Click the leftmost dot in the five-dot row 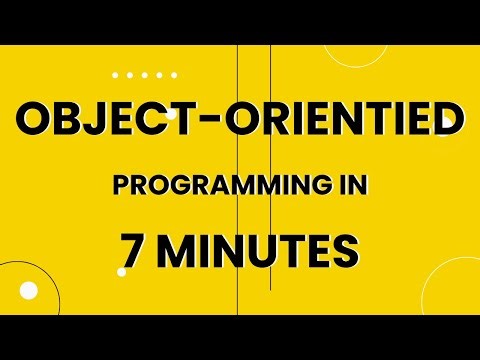point(116,74)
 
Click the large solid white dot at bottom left point(29,291)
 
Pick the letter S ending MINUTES point(345,249)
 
